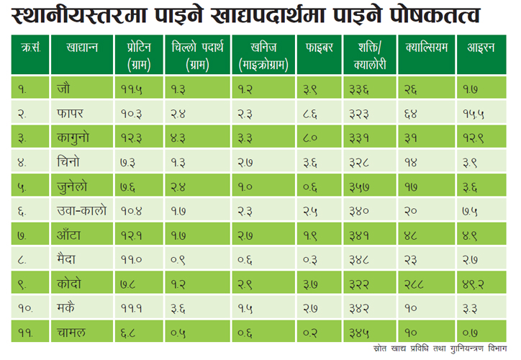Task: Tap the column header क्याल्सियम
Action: point(427,49)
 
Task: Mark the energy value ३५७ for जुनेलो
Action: point(361,186)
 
